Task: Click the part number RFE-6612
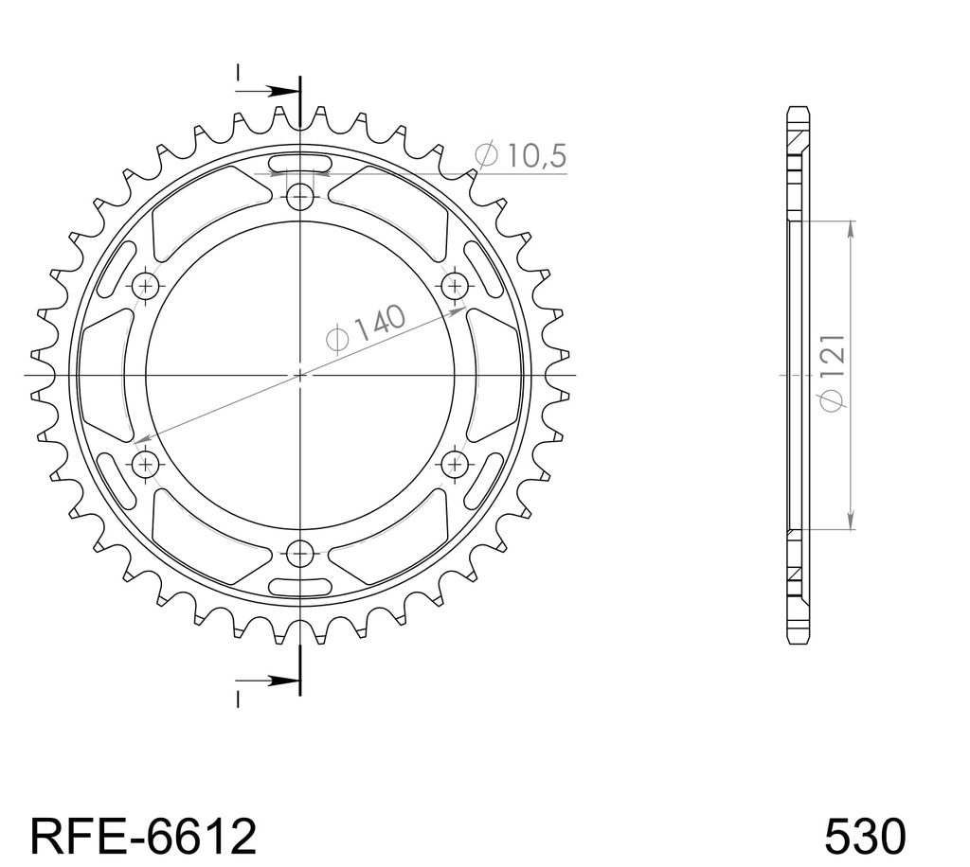(x=143, y=837)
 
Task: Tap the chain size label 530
(x=865, y=837)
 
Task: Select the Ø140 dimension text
(x=366, y=328)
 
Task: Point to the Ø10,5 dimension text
(x=520, y=155)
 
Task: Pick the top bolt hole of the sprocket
(x=300, y=198)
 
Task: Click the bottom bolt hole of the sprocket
(x=300, y=552)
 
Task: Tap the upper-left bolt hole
(x=146, y=286)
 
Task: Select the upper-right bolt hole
(x=455, y=286)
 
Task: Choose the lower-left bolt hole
(x=146, y=463)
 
